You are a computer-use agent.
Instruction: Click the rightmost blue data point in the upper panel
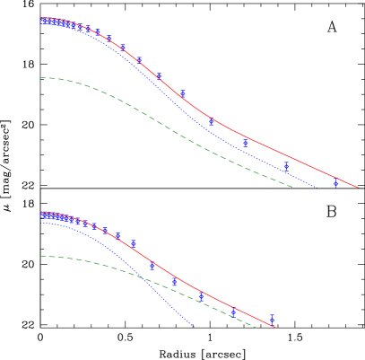(335, 181)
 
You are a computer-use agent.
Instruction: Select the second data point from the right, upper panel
(286, 165)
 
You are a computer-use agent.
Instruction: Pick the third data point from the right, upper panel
(246, 143)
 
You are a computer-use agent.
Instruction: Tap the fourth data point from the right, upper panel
(212, 122)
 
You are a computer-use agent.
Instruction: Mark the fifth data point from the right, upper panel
(183, 93)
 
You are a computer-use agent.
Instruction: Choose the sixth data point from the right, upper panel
(159, 76)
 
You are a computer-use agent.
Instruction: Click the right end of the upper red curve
(359, 188)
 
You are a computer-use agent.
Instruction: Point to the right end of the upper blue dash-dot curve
(315, 188)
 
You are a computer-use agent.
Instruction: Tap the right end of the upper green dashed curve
(294, 187)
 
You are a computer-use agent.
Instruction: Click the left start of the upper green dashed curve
(40, 78)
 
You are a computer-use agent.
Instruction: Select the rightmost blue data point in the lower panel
(272, 319)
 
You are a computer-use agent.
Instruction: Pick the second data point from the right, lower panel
(233, 312)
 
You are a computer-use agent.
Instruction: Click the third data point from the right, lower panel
(201, 296)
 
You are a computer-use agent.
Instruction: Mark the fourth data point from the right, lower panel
(175, 282)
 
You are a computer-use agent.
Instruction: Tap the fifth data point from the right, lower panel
(152, 267)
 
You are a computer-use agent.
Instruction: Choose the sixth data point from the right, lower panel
(134, 243)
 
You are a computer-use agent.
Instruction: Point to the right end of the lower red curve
(276, 328)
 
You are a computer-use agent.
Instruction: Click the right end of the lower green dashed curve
(257, 327)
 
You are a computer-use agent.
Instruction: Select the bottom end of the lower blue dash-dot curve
(196, 328)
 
